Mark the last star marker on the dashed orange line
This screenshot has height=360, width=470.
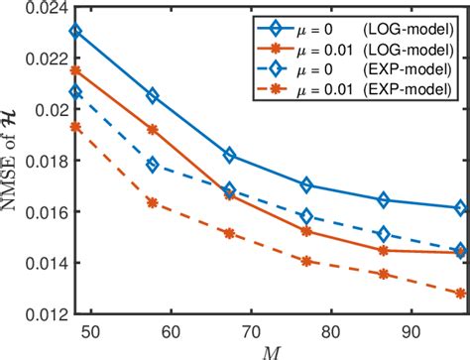click(460, 294)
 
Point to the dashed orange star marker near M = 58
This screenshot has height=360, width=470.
click(153, 202)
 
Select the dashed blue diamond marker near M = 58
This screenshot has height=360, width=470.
click(153, 165)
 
